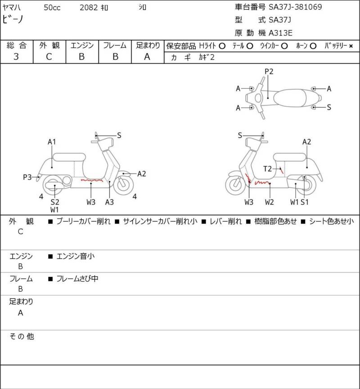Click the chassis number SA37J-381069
(x=295, y=7)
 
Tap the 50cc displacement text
(x=52, y=8)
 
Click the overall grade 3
(x=16, y=57)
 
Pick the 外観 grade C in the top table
(x=49, y=57)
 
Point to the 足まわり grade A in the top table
(x=147, y=57)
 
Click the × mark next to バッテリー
(x=351, y=46)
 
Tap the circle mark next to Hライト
(x=222, y=46)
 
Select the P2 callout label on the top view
(x=269, y=72)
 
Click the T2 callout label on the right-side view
(x=267, y=169)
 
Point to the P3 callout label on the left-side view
(x=27, y=177)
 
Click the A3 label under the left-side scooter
(x=109, y=202)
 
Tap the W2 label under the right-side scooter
(x=270, y=202)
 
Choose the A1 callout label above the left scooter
(x=52, y=142)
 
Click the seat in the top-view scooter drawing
(x=290, y=98)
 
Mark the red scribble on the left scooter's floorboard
(x=92, y=180)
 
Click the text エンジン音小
(x=76, y=256)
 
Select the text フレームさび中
(x=77, y=279)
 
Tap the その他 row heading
(x=22, y=336)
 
